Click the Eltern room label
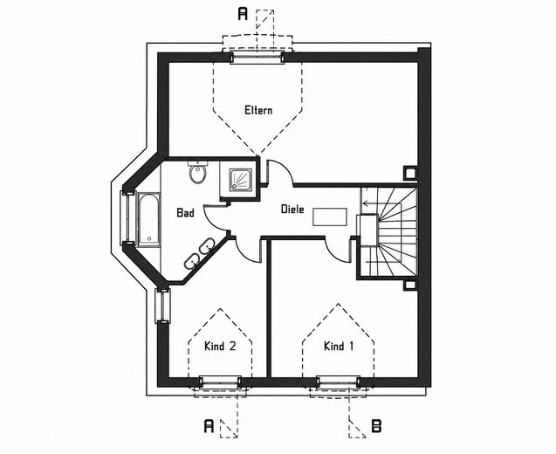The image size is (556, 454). click(x=258, y=110)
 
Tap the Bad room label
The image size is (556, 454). click(x=185, y=212)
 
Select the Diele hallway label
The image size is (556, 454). click(x=292, y=209)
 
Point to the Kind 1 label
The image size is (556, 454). click(x=339, y=346)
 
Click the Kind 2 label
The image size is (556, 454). click(x=220, y=346)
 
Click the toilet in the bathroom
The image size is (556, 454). click(x=197, y=172)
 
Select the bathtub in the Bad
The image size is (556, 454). click(x=148, y=219)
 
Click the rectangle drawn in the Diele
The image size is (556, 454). click(x=330, y=217)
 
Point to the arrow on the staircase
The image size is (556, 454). click(x=369, y=203)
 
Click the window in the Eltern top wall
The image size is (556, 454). click(x=257, y=57)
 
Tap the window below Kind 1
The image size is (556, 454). click(x=338, y=382)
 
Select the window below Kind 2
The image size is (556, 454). click(x=220, y=382)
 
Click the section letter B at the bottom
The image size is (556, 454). click(x=376, y=426)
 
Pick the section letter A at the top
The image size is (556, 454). click(x=243, y=14)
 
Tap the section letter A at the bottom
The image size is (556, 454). click(x=209, y=426)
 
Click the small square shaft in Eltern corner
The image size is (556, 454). click(x=410, y=173)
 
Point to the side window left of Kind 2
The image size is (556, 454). click(x=162, y=306)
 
